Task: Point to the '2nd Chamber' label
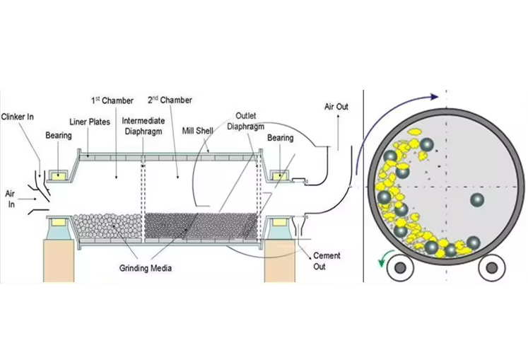tap(170, 100)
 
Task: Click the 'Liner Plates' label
tap(90, 122)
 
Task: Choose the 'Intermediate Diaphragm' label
tap(140, 125)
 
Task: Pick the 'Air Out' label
tap(336, 106)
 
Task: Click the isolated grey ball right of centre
tap(477, 200)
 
